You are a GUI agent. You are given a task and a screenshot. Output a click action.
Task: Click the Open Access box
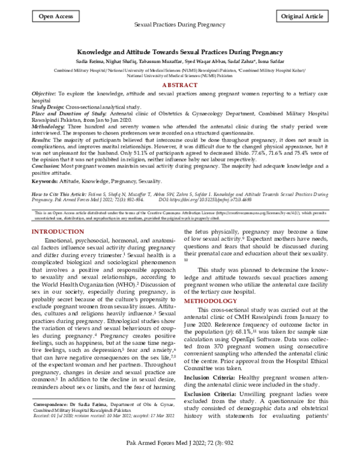coord(52,17)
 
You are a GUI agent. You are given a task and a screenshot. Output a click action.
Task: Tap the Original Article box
coord(305,17)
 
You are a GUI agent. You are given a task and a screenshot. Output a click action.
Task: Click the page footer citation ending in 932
coord(180,458)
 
